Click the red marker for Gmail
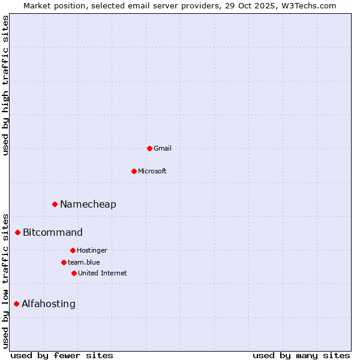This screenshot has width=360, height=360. click(149, 148)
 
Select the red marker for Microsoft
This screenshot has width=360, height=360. click(134, 171)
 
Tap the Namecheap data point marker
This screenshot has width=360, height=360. click(55, 205)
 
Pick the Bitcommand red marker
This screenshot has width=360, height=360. click(17, 232)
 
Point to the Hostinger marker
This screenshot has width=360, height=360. click(73, 250)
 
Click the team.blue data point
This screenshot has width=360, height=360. click(64, 262)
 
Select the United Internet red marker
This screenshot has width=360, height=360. click(74, 273)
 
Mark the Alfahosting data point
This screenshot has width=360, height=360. click(16, 304)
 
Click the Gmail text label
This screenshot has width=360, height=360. click(163, 148)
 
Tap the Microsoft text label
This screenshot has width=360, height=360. click(152, 171)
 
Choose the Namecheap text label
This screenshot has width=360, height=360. click(88, 205)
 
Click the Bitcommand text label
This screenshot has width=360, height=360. click(53, 232)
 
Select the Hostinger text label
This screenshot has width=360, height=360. click(92, 250)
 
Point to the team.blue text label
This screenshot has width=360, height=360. click(84, 262)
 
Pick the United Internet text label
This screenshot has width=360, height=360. click(103, 273)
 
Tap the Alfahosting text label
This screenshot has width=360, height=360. click(49, 304)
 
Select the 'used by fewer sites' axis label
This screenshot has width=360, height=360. click(62, 355)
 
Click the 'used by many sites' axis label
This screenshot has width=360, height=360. click(301, 355)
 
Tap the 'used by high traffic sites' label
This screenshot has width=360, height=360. click(5, 85)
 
